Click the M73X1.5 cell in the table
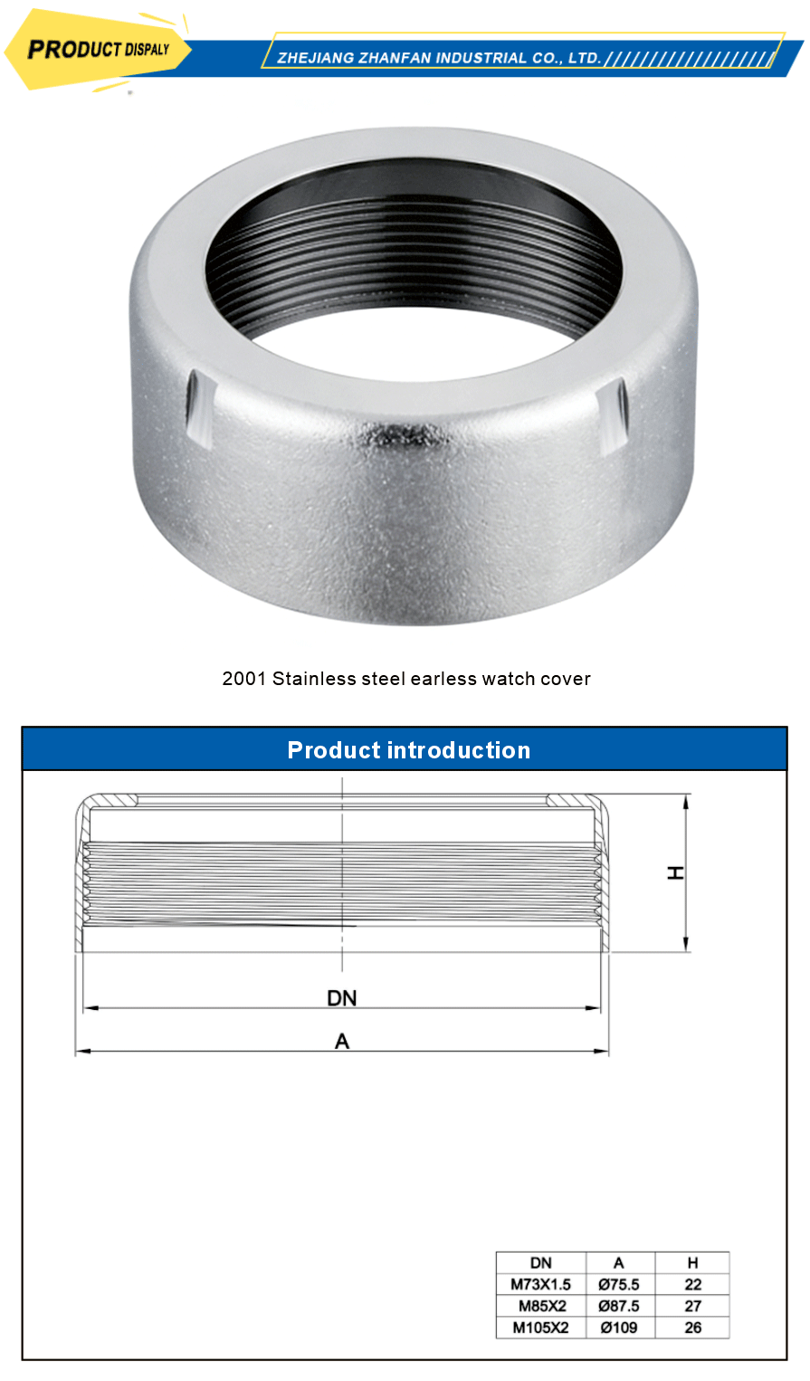(x=540, y=1284)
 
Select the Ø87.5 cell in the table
(x=619, y=1306)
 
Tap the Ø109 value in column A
(x=619, y=1328)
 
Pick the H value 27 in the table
(x=692, y=1306)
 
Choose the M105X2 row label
(x=540, y=1328)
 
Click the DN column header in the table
(x=540, y=1263)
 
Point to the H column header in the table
(x=692, y=1263)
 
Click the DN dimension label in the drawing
(x=342, y=997)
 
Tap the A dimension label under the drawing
(x=342, y=1042)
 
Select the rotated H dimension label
(x=675, y=872)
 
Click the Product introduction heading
(x=408, y=750)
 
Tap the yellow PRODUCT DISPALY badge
(x=98, y=50)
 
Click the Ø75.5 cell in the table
(x=619, y=1284)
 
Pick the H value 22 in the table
(x=692, y=1284)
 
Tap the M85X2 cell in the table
(x=541, y=1306)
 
